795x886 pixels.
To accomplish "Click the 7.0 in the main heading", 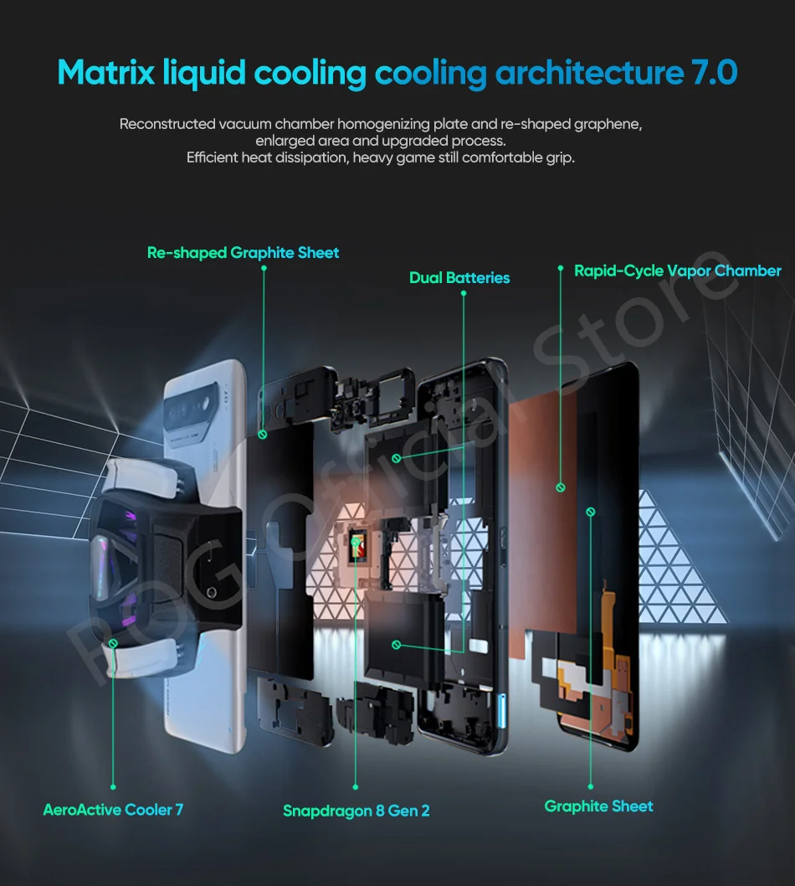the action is point(713,73).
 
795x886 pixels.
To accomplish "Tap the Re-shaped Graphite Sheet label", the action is point(244,252).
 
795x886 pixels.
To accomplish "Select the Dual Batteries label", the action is point(459,277).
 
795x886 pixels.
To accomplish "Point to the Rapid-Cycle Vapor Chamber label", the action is point(678,270).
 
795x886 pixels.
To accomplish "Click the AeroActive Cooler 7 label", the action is point(113,809).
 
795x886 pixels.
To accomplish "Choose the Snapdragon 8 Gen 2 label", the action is point(356,811).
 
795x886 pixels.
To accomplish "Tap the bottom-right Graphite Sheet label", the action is point(598,806).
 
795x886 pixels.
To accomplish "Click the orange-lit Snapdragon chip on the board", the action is point(356,545).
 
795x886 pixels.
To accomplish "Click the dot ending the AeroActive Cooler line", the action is point(113,787).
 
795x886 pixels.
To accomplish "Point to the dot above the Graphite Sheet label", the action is point(590,787).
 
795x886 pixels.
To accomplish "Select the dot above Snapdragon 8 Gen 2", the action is point(356,787).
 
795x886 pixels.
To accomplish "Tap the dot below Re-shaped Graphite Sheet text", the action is point(264,269).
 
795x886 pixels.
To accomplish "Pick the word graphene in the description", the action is point(608,124).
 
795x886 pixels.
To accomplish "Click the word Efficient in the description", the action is point(213,157).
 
